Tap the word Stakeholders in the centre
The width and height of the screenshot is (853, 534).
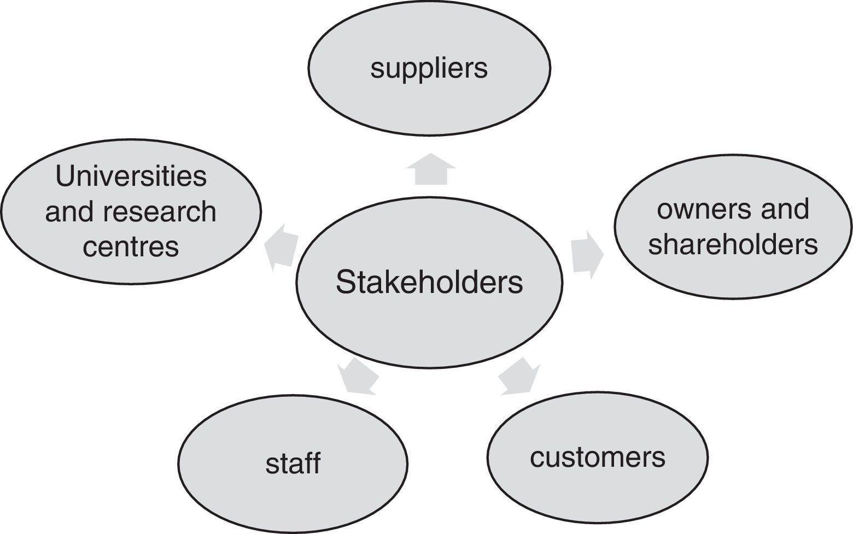tap(429, 283)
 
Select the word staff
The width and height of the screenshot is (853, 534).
tap(293, 463)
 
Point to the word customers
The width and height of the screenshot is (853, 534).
tap(597, 457)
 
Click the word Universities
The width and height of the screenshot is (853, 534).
tap(131, 177)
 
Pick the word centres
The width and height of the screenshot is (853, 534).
tap(131, 247)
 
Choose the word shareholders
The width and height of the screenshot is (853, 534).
tap(733, 244)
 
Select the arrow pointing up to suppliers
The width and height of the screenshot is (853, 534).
tap(431, 169)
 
